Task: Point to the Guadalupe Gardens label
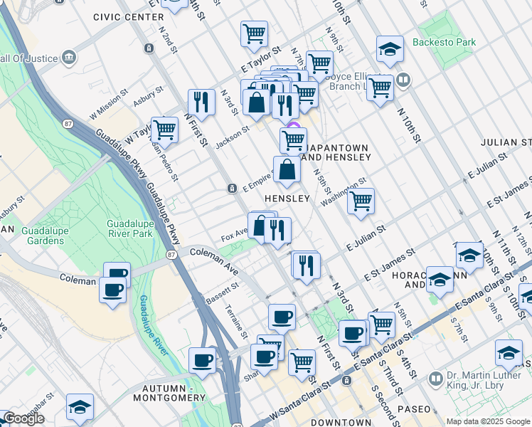[x=31, y=236]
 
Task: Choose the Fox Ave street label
[x=233, y=233]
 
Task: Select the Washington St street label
[x=342, y=192]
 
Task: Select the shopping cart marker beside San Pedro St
[x=164, y=130]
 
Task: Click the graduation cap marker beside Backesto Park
[x=390, y=49]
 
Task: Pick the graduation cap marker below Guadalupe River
[x=80, y=406]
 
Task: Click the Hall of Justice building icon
[x=70, y=57]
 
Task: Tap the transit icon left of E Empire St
[x=232, y=189]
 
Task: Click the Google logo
[x=23, y=419]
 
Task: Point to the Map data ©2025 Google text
[x=487, y=421]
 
